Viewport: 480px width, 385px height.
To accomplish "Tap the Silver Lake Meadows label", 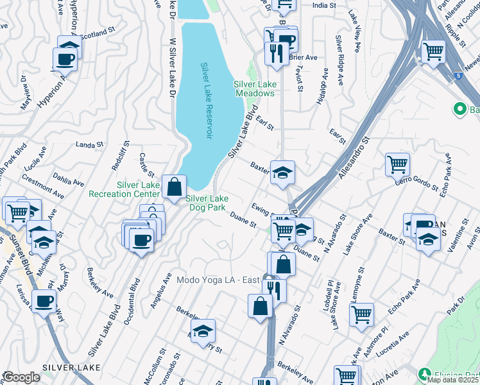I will tap(254, 89).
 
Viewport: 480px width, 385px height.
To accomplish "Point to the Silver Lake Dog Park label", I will tap(207, 202).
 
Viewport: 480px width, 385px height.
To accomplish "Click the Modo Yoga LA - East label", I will tap(218, 280).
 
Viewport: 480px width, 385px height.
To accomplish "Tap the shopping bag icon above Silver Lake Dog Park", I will tap(174, 187).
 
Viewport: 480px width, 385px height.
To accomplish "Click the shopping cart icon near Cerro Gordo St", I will tap(397, 164).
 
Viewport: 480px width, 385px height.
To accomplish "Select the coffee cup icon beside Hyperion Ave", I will tap(65, 59).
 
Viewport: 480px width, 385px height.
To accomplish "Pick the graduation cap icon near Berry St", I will tap(203, 331).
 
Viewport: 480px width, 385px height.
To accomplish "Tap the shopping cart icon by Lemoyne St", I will tap(361, 314).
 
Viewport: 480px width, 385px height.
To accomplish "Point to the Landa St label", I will tap(89, 145).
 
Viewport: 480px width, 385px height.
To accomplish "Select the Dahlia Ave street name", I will tap(68, 178).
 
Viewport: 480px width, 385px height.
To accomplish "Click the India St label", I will tap(323, 5).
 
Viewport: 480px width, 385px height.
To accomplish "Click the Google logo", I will tap(21, 377).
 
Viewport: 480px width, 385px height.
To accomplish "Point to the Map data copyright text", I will tap(453, 380).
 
